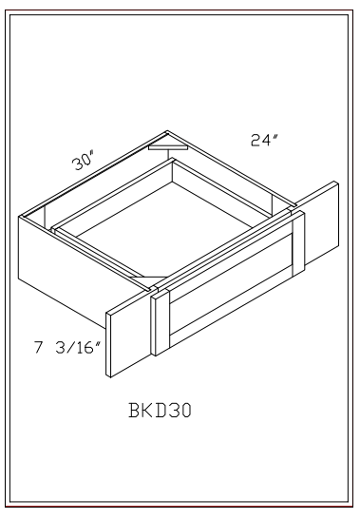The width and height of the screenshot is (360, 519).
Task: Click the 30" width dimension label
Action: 83,161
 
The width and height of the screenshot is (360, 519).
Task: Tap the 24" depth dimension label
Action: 264,140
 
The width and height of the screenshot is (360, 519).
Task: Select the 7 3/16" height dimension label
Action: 67,348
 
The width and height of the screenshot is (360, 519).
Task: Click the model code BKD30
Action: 160,411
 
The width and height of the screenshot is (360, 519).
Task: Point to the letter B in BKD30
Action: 133,411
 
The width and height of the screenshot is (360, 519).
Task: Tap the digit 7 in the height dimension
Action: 39,348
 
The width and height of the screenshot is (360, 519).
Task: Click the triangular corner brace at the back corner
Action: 168,147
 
